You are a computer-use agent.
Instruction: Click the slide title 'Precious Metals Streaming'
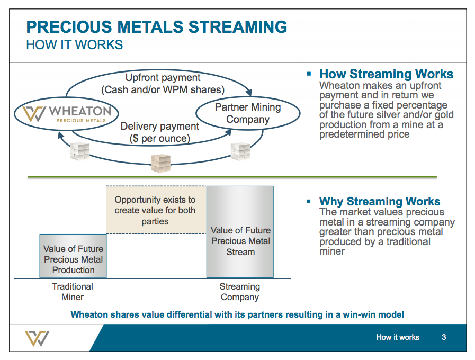(157, 27)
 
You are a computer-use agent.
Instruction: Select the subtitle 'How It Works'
(74, 45)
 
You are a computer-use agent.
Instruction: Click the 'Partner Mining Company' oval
(247, 113)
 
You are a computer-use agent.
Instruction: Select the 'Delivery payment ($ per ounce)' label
(159, 132)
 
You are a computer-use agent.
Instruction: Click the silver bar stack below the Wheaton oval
(80, 151)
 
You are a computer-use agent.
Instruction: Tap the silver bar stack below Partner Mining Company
(240, 151)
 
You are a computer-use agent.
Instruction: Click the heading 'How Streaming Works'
(386, 74)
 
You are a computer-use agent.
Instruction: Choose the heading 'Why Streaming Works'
(379, 202)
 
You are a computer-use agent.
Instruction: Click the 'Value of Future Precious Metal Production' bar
(73, 256)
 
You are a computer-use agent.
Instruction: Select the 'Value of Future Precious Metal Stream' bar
(240, 232)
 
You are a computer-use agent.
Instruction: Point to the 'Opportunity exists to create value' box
(155, 210)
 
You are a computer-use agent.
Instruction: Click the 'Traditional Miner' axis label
(73, 292)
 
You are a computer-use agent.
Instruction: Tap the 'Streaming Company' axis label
(239, 292)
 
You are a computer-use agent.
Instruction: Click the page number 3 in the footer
(444, 337)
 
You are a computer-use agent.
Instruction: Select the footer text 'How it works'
(397, 337)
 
